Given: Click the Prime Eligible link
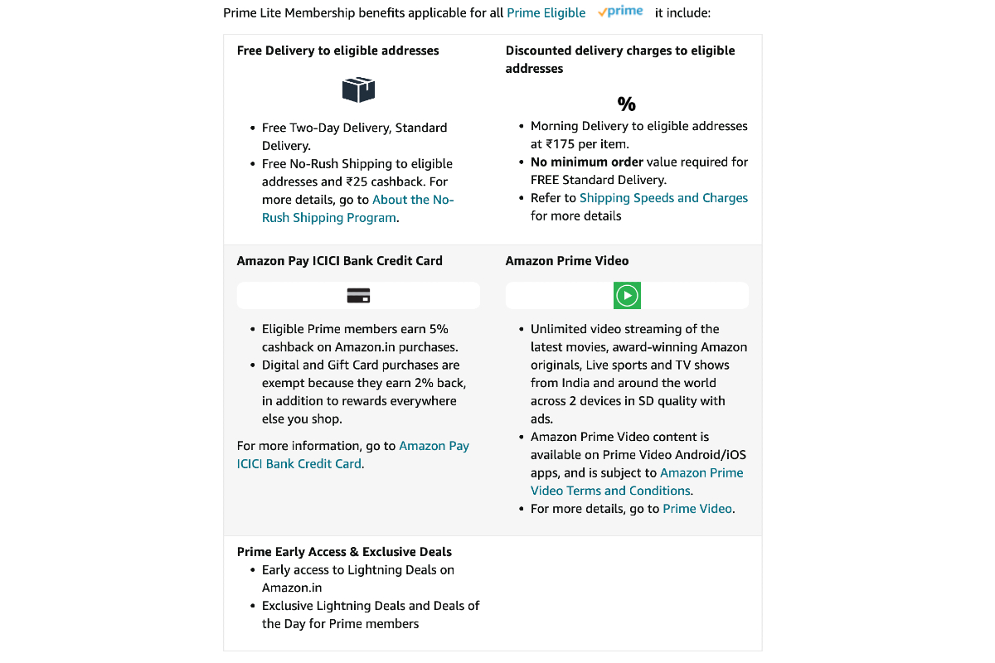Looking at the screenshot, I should pyautogui.click(x=546, y=13).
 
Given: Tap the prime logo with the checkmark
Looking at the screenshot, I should pyautogui.click(x=620, y=12).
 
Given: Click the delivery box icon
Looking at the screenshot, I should pyautogui.click(x=358, y=90).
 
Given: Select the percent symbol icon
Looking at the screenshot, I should pyautogui.click(x=626, y=104).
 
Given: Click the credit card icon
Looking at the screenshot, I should pyautogui.click(x=358, y=296).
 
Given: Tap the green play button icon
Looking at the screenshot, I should pyautogui.click(x=627, y=295).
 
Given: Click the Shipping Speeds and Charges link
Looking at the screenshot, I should pyautogui.click(x=663, y=198).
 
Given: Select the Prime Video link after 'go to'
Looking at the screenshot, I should pyautogui.click(x=697, y=509).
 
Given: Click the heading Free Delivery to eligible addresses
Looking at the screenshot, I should pyautogui.click(x=337, y=51).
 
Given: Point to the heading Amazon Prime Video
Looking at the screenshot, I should pyautogui.click(x=567, y=261).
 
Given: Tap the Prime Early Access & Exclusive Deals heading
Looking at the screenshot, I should pyautogui.click(x=344, y=552).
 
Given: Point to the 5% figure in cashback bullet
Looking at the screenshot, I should pyautogui.click(x=439, y=329).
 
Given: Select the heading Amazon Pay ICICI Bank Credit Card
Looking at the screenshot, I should pyautogui.click(x=339, y=261).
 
